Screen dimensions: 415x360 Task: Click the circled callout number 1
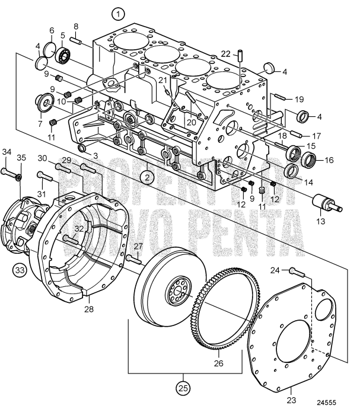[120, 13]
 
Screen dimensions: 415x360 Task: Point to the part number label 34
[6, 153]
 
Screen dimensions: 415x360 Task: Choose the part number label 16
[330, 159]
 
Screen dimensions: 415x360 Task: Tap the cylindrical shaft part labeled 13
[327, 207]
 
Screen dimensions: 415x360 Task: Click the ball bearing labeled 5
[64, 57]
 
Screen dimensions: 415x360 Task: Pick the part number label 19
[298, 100]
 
